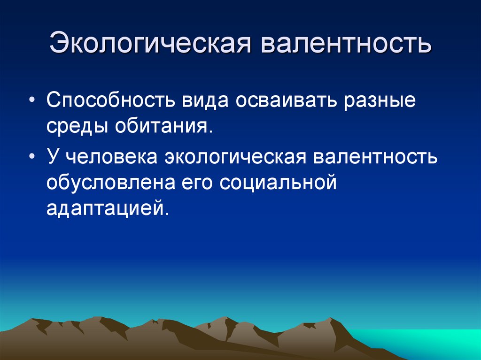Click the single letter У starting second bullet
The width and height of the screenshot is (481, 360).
[x=53, y=157]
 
